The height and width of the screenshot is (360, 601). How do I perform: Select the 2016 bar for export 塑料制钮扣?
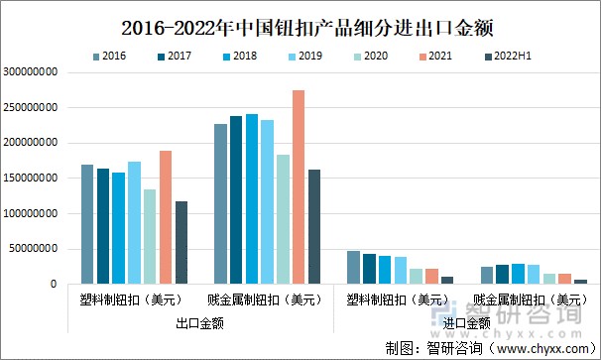(x=87, y=224)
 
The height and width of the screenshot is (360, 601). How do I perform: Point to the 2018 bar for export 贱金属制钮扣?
(x=252, y=198)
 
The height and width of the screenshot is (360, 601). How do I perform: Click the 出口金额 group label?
(x=199, y=322)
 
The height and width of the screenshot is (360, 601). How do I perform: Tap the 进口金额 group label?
(x=466, y=322)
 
